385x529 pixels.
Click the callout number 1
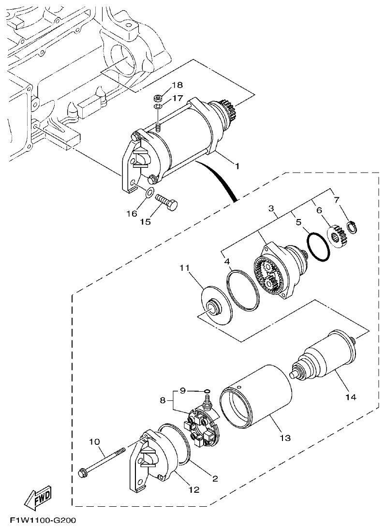point(237,166)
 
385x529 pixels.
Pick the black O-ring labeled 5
point(319,246)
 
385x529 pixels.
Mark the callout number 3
point(272,209)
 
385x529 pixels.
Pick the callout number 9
point(182,390)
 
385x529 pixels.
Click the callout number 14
point(350,397)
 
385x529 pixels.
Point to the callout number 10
point(94,441)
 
